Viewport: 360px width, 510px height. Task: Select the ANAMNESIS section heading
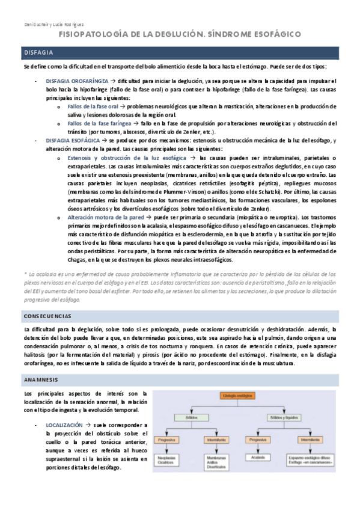tap(40, 380)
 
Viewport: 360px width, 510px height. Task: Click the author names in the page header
tap(40, 25)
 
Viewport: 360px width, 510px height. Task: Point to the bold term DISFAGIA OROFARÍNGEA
tap(77, 79)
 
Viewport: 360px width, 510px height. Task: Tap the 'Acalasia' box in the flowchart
tap(258, 456)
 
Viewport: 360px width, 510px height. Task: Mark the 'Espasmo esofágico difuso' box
tap(311, 459)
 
